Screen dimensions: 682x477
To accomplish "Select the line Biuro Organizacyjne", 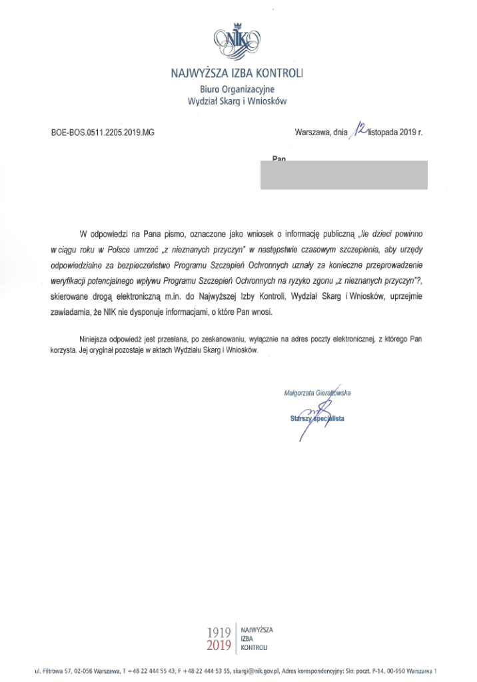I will click(237, 89).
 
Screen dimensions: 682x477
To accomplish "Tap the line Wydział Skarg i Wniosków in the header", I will click(238, 101).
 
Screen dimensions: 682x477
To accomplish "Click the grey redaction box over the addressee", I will click(343, 174).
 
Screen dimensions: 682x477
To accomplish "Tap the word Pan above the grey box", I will click(279, 159).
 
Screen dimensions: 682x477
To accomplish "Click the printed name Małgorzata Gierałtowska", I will click(316, 393).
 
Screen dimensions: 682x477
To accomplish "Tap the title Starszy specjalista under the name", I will click(316, 419).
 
